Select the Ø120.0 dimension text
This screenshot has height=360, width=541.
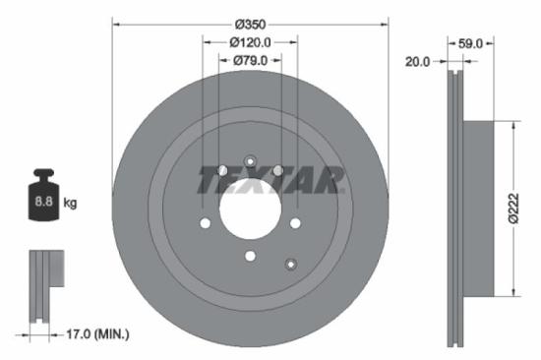click(250, 42)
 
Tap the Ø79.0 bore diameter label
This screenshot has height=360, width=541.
click(250, 61)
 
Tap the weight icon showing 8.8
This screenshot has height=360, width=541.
click(44, 199)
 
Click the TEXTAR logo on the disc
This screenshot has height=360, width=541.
click(270, 181)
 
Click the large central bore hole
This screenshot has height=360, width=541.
click(250, 209)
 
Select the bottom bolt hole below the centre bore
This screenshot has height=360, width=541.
click(250, 256)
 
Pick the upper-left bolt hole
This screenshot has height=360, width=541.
click(222, 170)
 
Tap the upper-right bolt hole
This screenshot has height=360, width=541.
click(278, 170)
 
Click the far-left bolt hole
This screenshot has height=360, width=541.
click(205, 222)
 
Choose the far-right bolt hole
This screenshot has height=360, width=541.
click(295, 222)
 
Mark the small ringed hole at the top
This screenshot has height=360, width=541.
click(250, 161)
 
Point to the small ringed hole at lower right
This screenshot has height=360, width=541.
click(290, 263)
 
